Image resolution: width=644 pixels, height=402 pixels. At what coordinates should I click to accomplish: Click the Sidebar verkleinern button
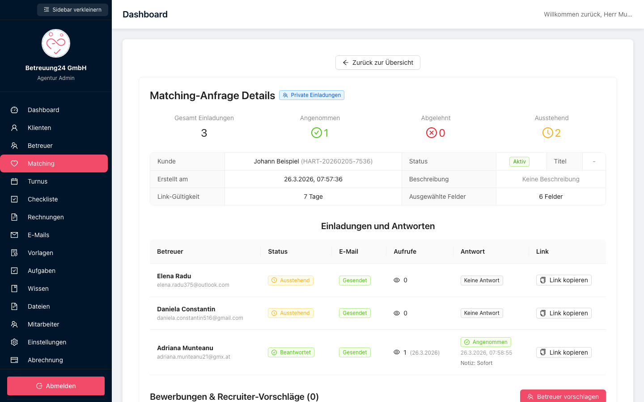click(72, 10)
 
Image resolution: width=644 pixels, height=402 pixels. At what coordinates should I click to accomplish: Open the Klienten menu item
click(39, 128)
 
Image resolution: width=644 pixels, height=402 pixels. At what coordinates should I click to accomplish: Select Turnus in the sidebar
click(38, 181)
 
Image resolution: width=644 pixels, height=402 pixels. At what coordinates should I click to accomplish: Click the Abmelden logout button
click(56, 385)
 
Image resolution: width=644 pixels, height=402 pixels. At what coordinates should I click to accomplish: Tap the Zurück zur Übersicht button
click(378, 63)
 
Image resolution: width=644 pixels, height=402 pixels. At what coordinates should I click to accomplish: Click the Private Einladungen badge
click(312, 95)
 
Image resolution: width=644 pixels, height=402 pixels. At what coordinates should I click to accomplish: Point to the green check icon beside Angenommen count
click(317, 133)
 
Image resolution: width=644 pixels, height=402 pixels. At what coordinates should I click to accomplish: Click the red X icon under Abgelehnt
click(431, 133)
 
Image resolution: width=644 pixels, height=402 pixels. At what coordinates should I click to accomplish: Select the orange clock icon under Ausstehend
click(548, 133)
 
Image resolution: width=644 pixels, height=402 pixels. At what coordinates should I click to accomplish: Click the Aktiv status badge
click(519, 161)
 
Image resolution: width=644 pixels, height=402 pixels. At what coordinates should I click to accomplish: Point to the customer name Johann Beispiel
click(276, 161)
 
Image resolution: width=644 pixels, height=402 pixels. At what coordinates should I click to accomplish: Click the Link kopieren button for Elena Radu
click(564, 280)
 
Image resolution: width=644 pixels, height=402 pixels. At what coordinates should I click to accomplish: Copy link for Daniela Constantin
click(564, 313)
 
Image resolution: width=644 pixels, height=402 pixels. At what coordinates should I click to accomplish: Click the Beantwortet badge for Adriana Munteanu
click(291, 352)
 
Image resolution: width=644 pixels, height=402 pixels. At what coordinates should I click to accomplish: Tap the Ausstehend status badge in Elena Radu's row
click(291, 280)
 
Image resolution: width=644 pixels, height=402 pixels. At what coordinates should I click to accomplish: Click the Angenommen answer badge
click(486, 342)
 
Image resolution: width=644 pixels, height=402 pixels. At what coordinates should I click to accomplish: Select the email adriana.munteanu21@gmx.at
click(194, 356)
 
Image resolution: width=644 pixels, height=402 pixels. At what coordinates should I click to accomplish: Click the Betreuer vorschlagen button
click(563, 396)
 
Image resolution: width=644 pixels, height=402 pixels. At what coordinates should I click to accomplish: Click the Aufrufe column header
click(405, 251)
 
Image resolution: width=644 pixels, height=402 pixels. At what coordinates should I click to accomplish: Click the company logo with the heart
click(56, 43)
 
